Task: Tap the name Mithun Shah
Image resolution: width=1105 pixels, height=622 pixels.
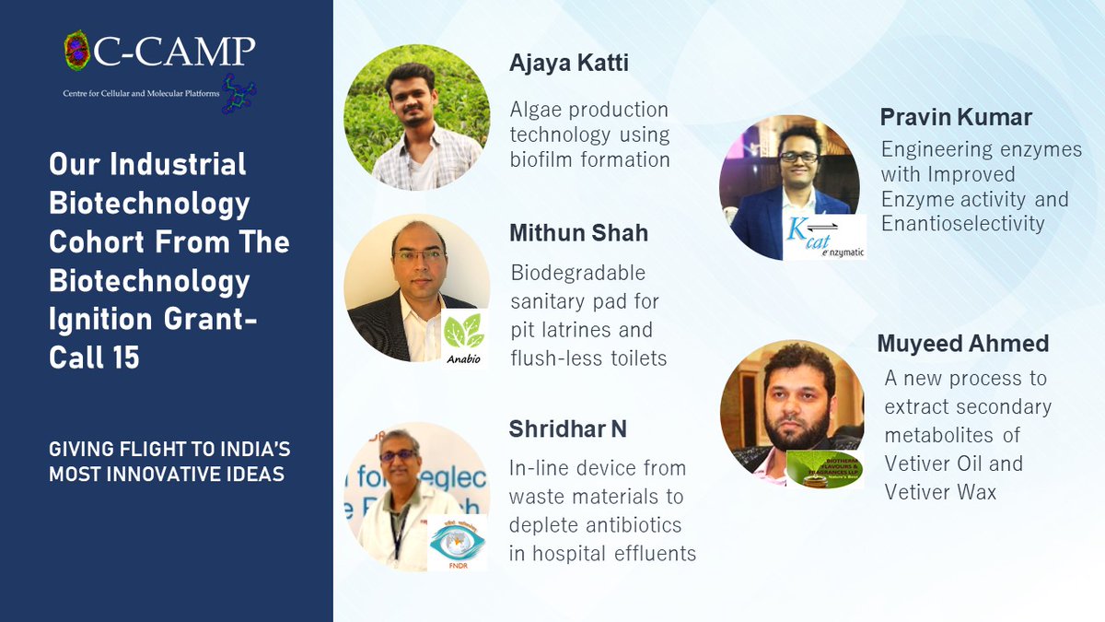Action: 578,233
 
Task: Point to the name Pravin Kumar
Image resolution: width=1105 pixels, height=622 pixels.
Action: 956,118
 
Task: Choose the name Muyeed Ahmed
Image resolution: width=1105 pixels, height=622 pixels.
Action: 963,344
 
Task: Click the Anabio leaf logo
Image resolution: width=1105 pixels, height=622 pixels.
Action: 463,336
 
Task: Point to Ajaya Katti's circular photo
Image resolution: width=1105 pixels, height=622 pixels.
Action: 416,118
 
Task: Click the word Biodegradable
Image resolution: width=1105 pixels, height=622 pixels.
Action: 577,274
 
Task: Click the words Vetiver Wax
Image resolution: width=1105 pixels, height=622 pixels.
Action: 940,491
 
